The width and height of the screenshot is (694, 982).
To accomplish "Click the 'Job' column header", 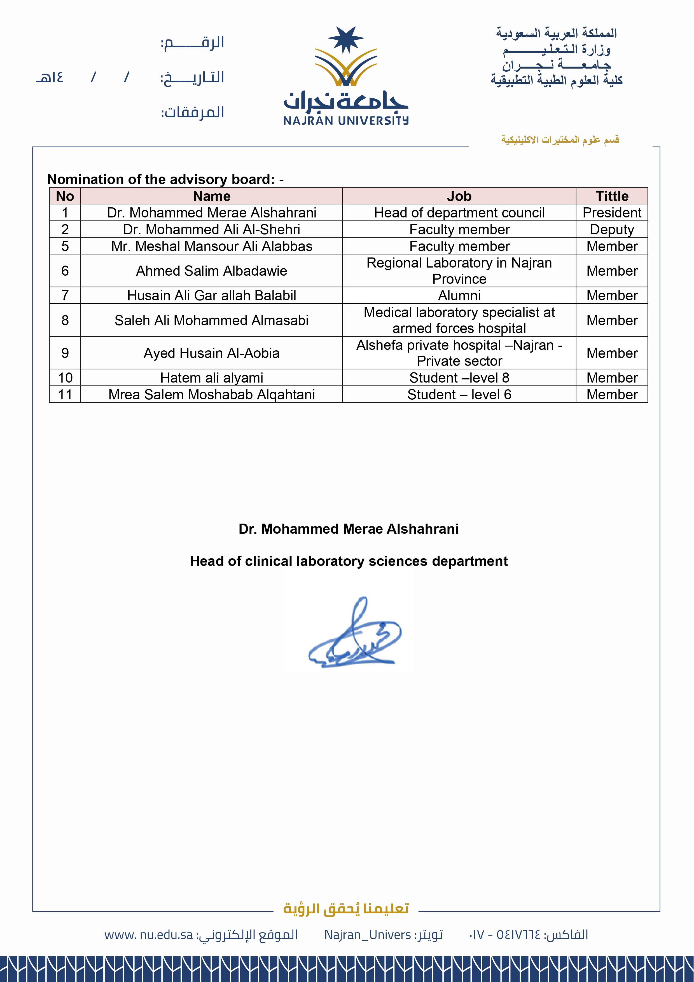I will (459, 196).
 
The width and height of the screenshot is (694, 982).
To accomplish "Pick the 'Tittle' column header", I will (612, 196).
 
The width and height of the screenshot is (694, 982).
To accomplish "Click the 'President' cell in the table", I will (612, 213).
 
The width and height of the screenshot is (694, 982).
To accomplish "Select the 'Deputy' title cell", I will (612, 229).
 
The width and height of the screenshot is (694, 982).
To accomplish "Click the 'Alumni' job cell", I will (459, 296).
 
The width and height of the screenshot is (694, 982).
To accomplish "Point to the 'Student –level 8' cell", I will (459, 378).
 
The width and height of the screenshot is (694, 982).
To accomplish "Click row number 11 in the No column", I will (65, 394).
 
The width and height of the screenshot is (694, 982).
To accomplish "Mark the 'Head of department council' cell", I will (459, 213).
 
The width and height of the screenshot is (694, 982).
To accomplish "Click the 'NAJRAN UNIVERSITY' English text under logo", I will (346, 121).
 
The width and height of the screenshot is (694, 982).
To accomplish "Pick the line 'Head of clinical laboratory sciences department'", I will (349, 561).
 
